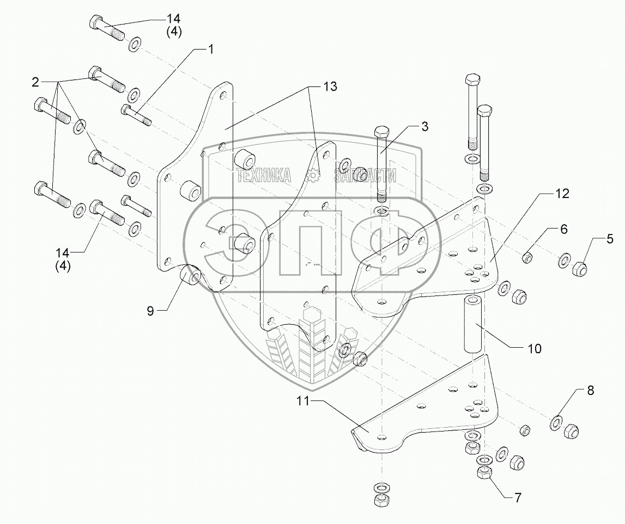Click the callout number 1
point(210,49)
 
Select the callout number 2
point(35,83)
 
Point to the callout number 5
point(610,238)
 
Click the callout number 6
point(563,229)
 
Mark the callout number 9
point(150,310)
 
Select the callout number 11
point(303,402)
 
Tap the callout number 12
point(562,194)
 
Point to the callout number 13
point(329,86)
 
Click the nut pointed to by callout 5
point(581,267)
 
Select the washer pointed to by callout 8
point(556,421)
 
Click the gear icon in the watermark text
point(313,175)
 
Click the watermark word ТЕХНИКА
point(263,175)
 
